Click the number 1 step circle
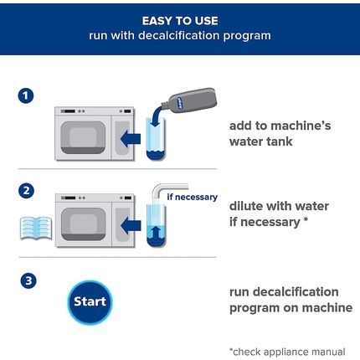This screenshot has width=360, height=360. pyautogui.click(x=26, y=95)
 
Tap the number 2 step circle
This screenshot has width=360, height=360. pyautogui.click(x=26, y=191)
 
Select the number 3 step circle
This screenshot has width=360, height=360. pyautogui.click(x=28, y=280)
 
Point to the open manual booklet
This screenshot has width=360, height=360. pyautogui.click(x=36, y=228)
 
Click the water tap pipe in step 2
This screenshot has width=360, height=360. pyautogui.click(x=168, y=190)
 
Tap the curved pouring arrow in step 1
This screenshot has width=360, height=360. pyautogui.click(x=157, y=116)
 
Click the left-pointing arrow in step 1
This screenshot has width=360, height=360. pyautogui.click(x=131, y=139)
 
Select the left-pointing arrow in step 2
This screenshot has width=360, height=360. pyautogui.click(x=131, y=225)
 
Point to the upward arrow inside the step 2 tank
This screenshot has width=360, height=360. pyautogui.click(x=157, y=231)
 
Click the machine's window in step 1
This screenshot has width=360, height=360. pyautogui.click(x=83, y=137)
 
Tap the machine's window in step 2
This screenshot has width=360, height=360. pyautogui.click(x=84, y=224)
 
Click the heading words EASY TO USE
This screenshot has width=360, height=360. pyautogui.click(x=180, y=21)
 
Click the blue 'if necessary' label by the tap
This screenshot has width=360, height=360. pyautogui.click(x=192, y=197)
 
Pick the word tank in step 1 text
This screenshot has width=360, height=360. pyautogui.click(x=278, y=141)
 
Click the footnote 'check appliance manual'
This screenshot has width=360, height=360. pyautogui.click(x=287, y=352)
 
